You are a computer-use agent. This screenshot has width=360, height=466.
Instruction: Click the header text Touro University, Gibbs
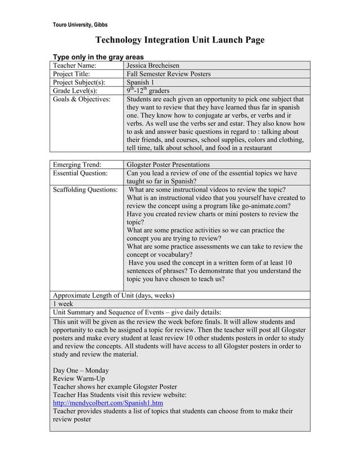pyautogui.click(x=80, y=25)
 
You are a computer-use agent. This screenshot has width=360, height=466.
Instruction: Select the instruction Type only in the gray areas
pyautogui.click(x=98, y=57)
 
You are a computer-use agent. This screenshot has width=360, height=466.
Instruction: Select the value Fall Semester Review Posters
pyautogui.click(x=169, y=74)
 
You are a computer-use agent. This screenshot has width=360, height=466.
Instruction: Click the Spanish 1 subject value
pyautogui.click(x=141, y=82)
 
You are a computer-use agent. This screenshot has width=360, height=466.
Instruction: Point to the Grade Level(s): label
pyautogui.click(x=75, y=91)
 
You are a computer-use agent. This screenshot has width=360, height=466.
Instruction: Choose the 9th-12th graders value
pyautogui.click(x=148, y=91)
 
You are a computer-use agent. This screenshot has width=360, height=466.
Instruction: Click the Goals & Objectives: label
pyautogui.click(x=81, y=99)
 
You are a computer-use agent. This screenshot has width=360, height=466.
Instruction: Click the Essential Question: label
pyautogui.click(x=81, y=173)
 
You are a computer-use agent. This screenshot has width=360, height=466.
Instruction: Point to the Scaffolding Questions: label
pyautogui.click(x=85, y=190)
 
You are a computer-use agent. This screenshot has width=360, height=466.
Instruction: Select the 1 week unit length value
pyautogui.click(x=64, y=304)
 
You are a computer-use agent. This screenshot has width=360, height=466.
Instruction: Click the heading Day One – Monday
pyautogui.click(x=81, y=370)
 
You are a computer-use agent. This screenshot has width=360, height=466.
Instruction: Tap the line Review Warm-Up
pyautogui.click(x=78, y=379)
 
